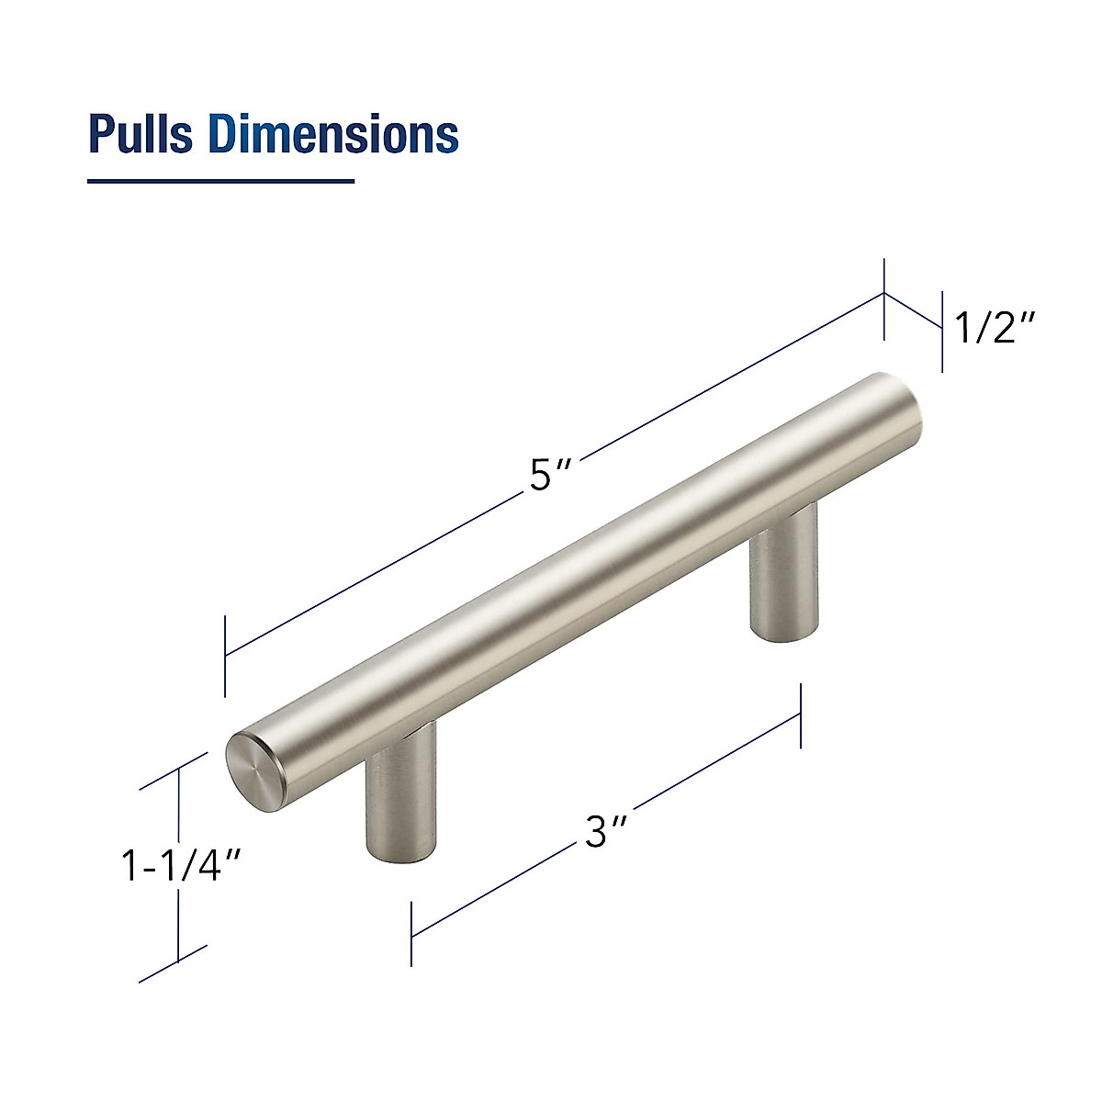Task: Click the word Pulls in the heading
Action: point(140,134)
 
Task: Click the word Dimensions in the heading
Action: point(332,134)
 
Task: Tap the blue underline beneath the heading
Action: point(220,181)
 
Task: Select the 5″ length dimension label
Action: point(551,478)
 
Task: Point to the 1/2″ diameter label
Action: point(996,328)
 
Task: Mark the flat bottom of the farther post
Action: point(782,630)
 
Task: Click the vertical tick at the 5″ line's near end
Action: point(225,657)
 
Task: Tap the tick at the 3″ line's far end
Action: point(802,715)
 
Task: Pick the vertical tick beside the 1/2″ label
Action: point(942,331)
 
